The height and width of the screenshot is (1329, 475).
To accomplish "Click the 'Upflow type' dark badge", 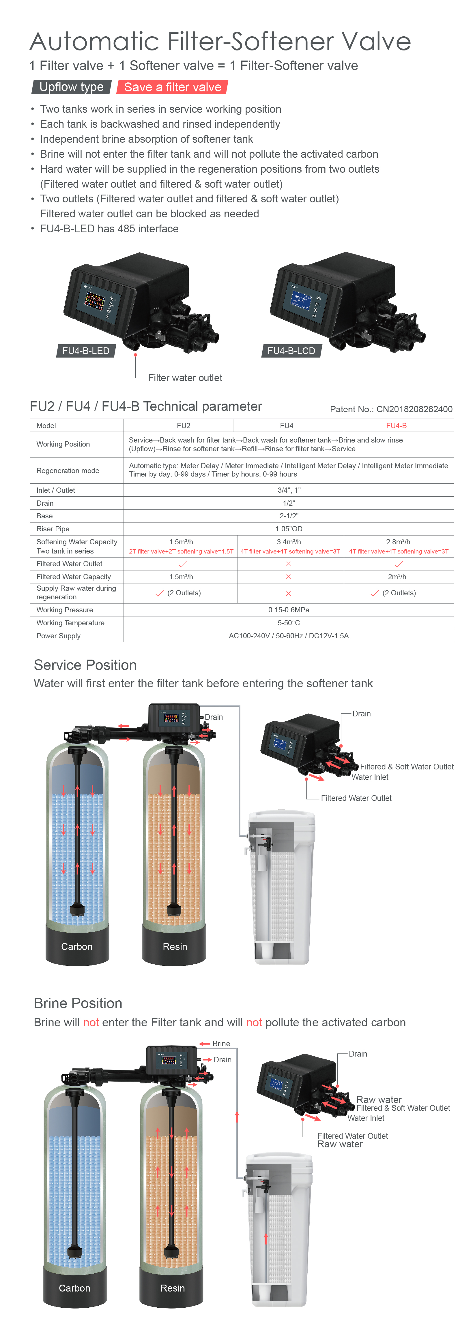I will (x=71, y=87).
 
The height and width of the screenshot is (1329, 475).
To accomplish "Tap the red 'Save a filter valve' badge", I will (x=173, y=87).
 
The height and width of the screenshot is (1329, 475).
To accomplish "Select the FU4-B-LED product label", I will (x=86, y=351).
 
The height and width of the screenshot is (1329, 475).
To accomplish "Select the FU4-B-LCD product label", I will (x=291, y=351).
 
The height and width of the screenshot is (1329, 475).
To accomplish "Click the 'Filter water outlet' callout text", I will (x=185, y=378).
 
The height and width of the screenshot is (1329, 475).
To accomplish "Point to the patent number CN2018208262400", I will (x=414, y=409).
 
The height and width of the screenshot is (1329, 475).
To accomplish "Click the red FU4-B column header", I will (x=397, y=426).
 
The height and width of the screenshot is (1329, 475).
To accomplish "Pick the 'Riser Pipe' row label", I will (x=53, y=529).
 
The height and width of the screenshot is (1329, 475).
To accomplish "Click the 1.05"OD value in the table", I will (x=289, y=529).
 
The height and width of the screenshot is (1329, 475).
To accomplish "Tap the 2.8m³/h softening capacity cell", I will (x=398, y=542).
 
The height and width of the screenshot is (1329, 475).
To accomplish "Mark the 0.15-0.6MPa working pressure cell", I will (x=289, y=610).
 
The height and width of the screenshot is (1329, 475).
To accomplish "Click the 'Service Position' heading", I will (x=85, y=665).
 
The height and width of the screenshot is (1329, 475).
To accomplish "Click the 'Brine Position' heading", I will (x=78, y=1003).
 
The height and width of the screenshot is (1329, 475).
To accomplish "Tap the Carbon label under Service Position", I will (x=76, y=947).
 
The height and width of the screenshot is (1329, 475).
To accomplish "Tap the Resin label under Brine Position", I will (x=173, y=1288).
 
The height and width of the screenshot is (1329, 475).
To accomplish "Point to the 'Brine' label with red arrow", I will (x=221, y=1044).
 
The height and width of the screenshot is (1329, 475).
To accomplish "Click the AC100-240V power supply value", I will (x=289, y=636).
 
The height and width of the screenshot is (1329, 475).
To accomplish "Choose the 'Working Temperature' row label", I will (x=70, y=623).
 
